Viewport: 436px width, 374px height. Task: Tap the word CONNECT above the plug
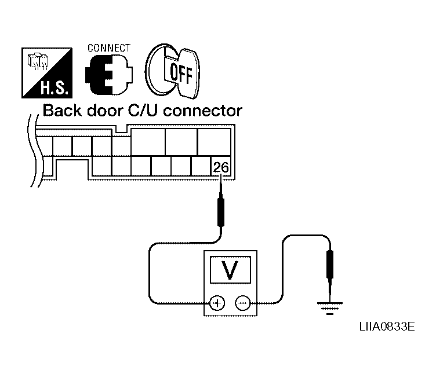pyautogui.click(x=108, y=48)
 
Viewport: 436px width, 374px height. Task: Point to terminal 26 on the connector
pyautogui.click(x=221, y=168)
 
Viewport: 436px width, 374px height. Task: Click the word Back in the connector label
pyautogui.click(x=62, y=110)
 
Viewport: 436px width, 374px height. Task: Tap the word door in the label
pyautogui.click(x=105, y=110)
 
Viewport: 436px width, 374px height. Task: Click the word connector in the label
pyautogui.click(x=203, y=110)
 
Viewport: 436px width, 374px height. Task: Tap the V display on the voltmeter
pyautogui.click(x=230, y=270)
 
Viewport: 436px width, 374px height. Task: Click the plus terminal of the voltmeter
pyautogui.click(x=217, y=302)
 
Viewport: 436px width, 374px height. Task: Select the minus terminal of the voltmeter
pyautogui.click(x=242, y=302)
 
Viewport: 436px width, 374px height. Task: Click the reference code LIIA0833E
pyautogui.click(x=387, y=328)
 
